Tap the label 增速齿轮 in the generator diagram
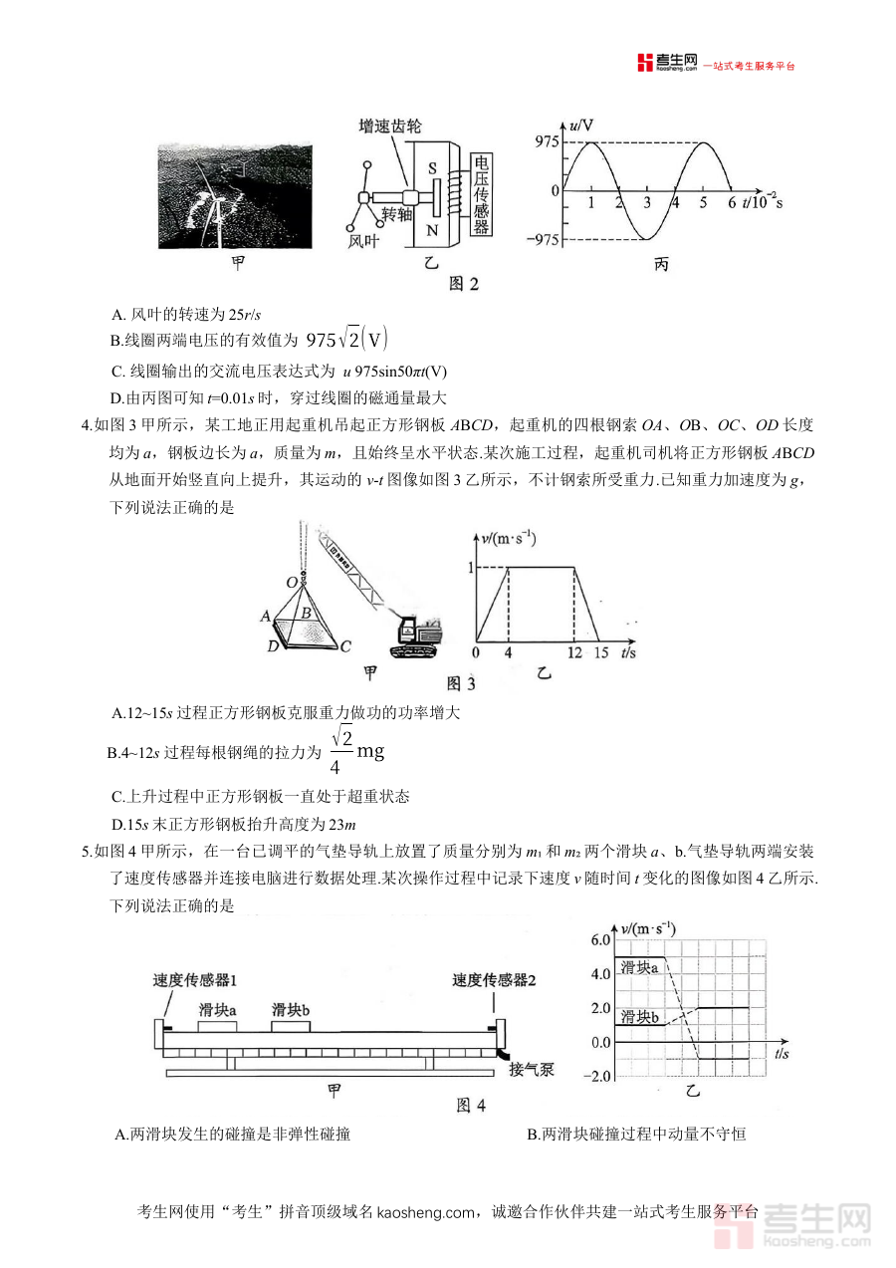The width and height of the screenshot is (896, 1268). point(390,127)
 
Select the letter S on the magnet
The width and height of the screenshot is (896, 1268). point(433,168)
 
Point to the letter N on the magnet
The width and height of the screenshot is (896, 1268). point(432,230)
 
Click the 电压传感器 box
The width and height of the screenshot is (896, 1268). point(481,195)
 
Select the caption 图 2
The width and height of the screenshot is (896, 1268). point(464,284)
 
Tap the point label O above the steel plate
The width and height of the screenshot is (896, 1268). point(292,581)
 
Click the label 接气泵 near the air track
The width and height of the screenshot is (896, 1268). point(532,1071)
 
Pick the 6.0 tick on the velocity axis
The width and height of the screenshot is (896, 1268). point(599,940)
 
